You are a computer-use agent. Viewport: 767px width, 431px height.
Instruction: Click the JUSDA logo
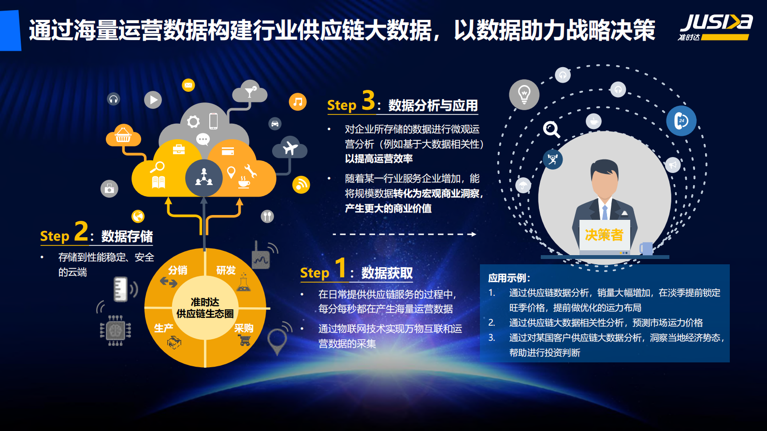pyautogui.click(x=715, y=27)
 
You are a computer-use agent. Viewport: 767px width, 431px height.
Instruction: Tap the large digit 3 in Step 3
pyautogui.click(x=368, y=101)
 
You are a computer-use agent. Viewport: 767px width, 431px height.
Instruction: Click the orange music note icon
pyautogui.click(x=298, y=102)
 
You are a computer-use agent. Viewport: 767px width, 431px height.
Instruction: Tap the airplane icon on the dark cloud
pyautogui.click(x=290, y=147)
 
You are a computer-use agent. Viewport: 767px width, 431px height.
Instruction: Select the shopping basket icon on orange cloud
pyautogui.click(x=123, y=135)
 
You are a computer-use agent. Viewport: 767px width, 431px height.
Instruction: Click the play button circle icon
pyautogui.click(x=153, y=100)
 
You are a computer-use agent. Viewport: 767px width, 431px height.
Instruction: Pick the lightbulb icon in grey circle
pyautogui.click(x=524, y=94)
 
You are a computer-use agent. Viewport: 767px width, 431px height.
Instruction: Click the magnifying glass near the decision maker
pyautogui.click(x=551, y=129)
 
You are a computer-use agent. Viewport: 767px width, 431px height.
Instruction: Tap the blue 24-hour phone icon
pyautogui.click(x=681, y=121)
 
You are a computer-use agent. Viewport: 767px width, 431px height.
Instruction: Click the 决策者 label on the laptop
pyautogui.click(x=604, y=235)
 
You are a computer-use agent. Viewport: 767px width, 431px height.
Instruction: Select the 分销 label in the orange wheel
pyautogui.click(x=177, y=270)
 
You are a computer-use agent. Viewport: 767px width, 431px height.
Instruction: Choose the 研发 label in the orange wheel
pyautogui.click(x=226, y=270)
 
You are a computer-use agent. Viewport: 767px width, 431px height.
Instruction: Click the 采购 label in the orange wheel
pyautogui.click(x=244, y=328)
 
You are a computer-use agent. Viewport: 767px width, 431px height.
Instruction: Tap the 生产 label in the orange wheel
pyautogui.click(x=163, y=328)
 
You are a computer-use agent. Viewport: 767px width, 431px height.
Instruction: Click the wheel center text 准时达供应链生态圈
pyautogui.click(x=205, y=308)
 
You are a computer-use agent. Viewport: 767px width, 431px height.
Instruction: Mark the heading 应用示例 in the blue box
pyautogui.click(x=509, y=278)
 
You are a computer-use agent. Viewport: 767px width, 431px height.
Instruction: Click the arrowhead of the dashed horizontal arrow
pyautogui.click(x=474, y=234)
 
